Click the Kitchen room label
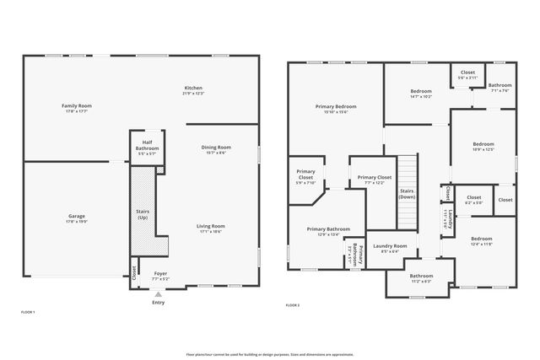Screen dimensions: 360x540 [x=193, y=89]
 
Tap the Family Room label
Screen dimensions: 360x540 [x=75, y=106]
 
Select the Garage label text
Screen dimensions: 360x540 [x=76, y=217]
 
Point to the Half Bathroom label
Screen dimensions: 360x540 [x=147, y=145]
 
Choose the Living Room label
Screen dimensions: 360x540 [x=211, y=226]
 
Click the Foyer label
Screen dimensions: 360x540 [x=160, y=274]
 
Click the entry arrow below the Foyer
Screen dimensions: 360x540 [x=159, y=293]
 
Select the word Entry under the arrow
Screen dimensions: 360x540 [x=159, y=303]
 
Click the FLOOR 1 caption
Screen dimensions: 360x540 [x=28, y=312]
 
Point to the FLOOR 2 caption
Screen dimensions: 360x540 [x=293, y=304]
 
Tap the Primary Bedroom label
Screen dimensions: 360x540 [x=336, y=107]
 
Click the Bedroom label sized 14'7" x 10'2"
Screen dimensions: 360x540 [x=421, y=91]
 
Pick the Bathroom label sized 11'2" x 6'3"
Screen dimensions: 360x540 [x=421, y=277]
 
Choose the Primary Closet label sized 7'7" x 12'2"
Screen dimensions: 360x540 [x=374, y=178]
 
